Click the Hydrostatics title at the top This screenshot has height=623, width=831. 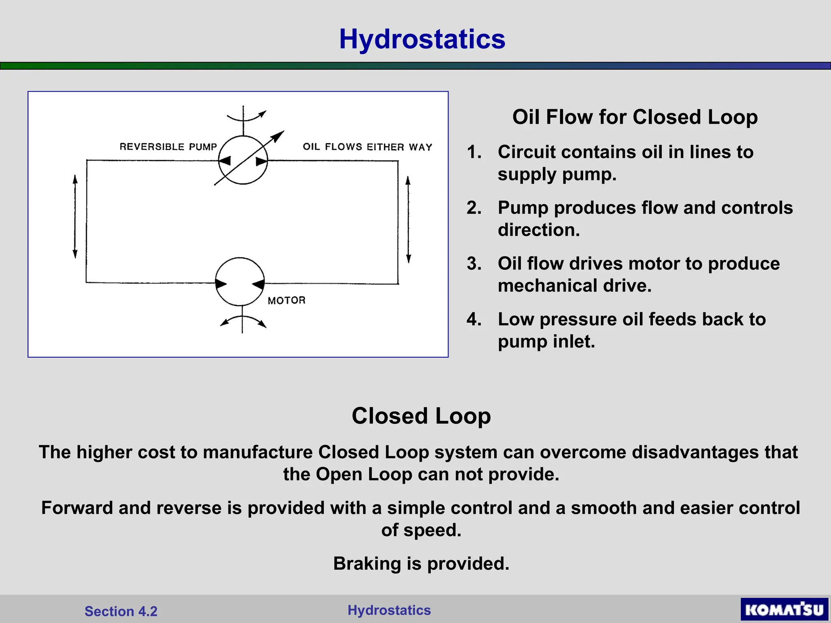(x=422, y=39)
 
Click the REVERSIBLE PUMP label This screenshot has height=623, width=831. (x=168, y=146)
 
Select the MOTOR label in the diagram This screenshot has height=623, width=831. (x=286, y=301)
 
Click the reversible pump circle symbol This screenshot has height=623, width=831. (x=243, y=160)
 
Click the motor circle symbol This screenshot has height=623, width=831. (x=240, y=281)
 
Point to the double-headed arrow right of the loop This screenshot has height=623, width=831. (x=408, y=219)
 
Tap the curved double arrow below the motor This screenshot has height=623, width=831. (x=243, y=321)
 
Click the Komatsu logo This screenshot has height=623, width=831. (x=784, y=610)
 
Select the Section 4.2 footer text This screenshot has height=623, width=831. (x=121, y=611)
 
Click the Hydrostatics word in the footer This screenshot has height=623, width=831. (x=389, y=610)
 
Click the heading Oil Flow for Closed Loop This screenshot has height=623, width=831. (x=635, y=117)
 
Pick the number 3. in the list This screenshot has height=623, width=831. (x=474, y=264)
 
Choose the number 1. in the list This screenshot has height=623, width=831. (x=474, y=152)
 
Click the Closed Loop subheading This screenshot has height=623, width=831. (x=421, y=416)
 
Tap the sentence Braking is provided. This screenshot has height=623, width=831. (x=421, y=563)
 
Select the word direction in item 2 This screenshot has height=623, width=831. (x=538, y=230)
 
